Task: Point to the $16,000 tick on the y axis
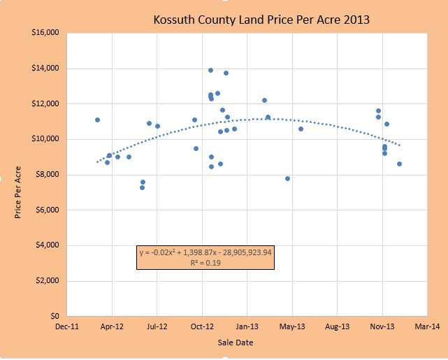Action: click(x=44, y=33)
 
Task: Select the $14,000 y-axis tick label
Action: click(x=44, y=69)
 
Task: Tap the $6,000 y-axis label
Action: click(x=46, y=210)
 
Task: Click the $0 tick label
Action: click(x=53, y=316)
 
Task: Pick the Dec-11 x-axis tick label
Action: click(x=66, y=326)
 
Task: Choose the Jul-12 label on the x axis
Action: click(x=157, y=326)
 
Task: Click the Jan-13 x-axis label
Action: click(x=247, y=326)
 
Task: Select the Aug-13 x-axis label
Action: click(x=337, y=326)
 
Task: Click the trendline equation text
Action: click(x=205, y=253)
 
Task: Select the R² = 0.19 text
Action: click(x=205, y=264)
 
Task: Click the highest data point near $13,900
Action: click(x=210, y=70)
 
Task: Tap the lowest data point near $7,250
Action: click(x=142, y=187)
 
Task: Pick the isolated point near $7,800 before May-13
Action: click(x=287, y=178)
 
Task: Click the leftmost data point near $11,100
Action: click(x=97, y=120)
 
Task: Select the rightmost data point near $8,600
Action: click(x=399, y=164)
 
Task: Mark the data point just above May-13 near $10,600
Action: click(x=301, y=129)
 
